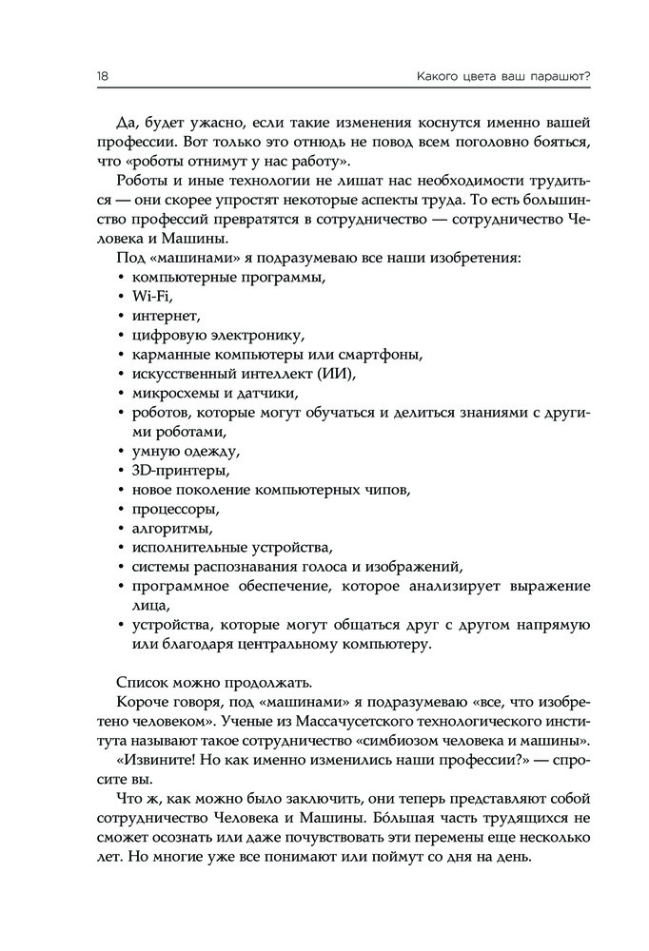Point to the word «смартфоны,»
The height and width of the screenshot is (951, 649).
(382, 354)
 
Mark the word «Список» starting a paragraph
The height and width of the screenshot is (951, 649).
(142, 683)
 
